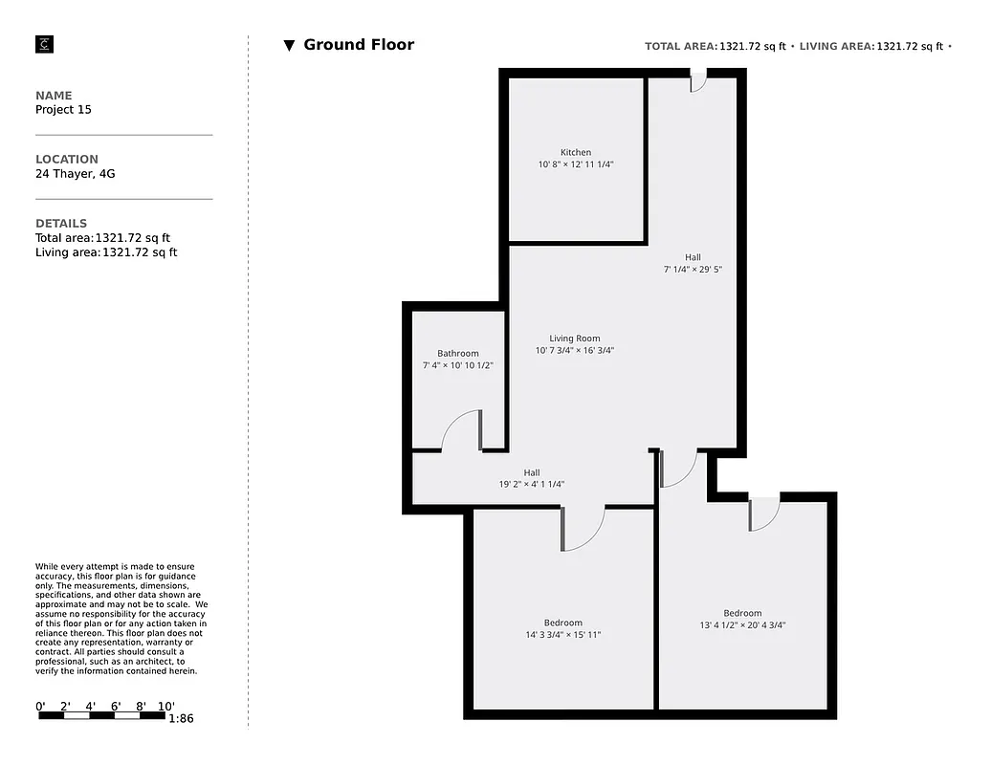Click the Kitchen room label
575,152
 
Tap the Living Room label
574,338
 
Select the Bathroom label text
457,353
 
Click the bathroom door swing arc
460,428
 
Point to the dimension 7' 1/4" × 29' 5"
693,270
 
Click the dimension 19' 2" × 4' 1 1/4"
531,484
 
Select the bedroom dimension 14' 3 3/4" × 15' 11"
562,635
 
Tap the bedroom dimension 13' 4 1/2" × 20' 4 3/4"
742,625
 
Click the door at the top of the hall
698,85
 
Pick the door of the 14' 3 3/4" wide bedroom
584,529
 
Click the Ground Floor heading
359,45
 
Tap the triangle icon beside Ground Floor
289,46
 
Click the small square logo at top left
44,44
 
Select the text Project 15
63,110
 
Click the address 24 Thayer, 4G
76,174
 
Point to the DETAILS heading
61,224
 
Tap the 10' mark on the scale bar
165,707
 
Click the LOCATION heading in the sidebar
67,160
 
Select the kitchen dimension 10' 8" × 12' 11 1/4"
575,164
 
